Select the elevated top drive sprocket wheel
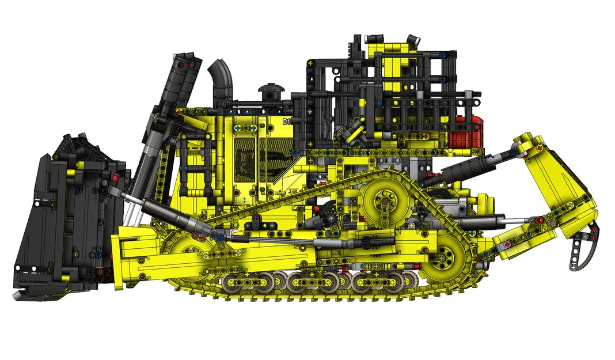pyautogui.click(x=381, y=200)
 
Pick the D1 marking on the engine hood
pyautogui.click(x=286, y=122)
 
